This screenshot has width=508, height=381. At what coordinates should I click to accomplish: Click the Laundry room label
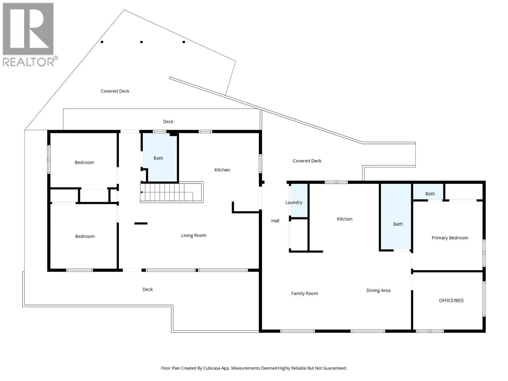coord(294,203)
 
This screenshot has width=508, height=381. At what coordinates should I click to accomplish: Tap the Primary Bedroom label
coord(450,238)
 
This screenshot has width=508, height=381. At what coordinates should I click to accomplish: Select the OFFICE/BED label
coord(451,300)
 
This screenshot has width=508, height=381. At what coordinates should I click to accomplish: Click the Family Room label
coord(304,294)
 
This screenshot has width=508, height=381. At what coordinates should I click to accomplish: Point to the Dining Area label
coord(378,290)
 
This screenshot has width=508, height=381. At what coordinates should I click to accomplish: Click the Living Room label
coord(193,236)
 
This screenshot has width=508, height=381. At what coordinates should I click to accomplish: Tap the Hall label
coord(275,221)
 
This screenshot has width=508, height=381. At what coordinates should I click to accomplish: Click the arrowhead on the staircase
coord(141,192)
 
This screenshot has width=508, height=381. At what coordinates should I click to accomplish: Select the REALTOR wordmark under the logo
coord(28,62)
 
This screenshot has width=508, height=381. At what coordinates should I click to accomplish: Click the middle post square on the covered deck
coord(141,42)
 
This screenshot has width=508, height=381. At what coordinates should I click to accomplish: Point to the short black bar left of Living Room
coord(141,223)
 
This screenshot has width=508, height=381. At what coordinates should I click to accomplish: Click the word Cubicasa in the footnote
coord(212,368)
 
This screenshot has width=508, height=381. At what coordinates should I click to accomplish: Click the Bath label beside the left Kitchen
coord(158,158)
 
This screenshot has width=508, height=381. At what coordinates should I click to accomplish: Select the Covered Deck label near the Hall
coord(307,161)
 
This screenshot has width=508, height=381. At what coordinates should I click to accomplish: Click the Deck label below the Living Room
coord(148,289)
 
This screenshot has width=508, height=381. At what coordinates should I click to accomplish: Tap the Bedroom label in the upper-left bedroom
coord(84,162)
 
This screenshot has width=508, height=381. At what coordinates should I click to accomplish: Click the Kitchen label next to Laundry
coord(344,219)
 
